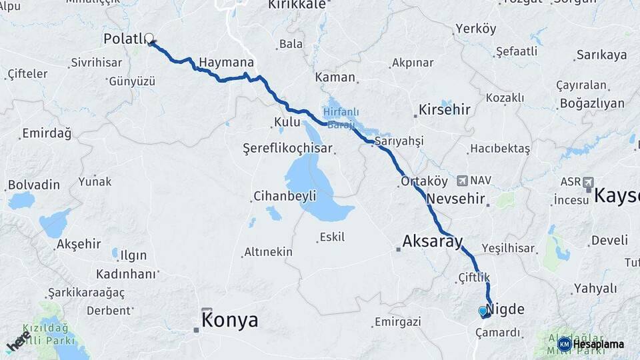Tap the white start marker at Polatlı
point(149,39)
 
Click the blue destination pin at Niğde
point(483,311)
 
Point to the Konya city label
point(230,320)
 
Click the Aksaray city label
point(432,241)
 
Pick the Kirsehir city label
point(444,109)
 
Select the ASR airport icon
point(587,181)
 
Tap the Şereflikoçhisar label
point(287,148)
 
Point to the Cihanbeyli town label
point(285,197)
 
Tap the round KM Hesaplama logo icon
point(565,344)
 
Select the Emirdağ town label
point(47,133)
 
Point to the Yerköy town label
point(475,29)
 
